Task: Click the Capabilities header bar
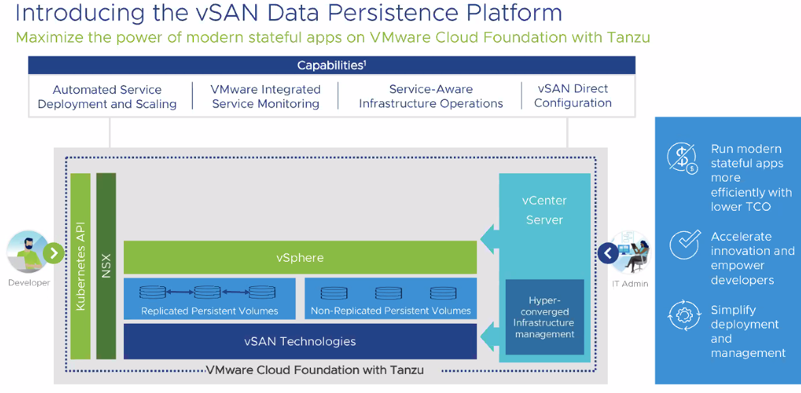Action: pyautogui.click(x=331, y=65)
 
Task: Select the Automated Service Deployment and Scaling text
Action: pyautogui.click(x=107, y=97)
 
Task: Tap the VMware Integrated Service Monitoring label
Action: pyautogui.click(x=265, y=97)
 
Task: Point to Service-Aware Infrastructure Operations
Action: pyautogui.click(x=431, y=97)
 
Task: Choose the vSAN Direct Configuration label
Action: pyautogui.click(x=572, y=96)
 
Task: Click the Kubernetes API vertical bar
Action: pyautogui.click(x=80, y=266)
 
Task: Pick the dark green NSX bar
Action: pyautogui.click(x=106, y=266)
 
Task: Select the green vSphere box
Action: pyautogui.click(x=299, y=258)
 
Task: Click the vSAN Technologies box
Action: pyautogui.click(x=299, y=341)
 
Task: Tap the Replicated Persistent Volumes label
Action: pyautogui.click(x=210, y=311)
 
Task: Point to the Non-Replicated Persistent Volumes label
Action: pyautogui.click(x=391, y=311)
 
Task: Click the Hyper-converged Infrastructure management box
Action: pyautogui.click(x=544, y=317)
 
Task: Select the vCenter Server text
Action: pyautogui.click(x=544, y=210)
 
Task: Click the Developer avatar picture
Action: pyautogui.click(x=26, y=252)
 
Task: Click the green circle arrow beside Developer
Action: pyautogui.click(x=53, y=254)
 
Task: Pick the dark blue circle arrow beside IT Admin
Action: pyautogui.click(x=608, y=254)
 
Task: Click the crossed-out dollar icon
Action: pyautogui.click(x=683, y=159)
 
